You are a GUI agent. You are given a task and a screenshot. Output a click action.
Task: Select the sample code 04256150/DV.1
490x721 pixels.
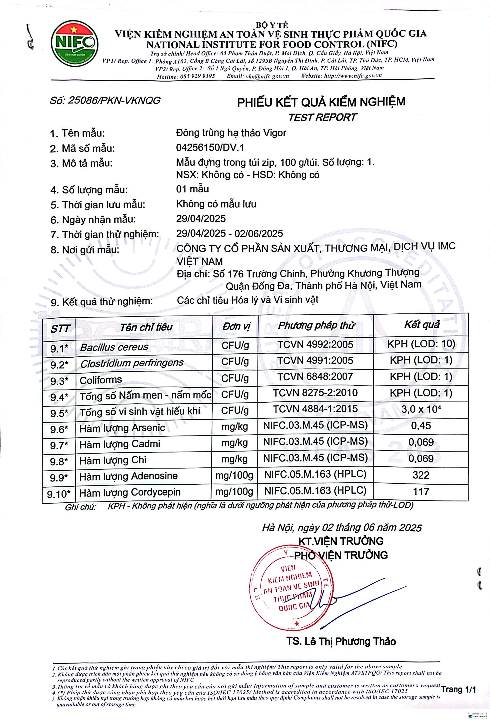(x=210, y=148)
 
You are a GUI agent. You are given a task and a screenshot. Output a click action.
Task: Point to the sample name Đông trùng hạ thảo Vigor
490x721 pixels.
(x=231, y=133)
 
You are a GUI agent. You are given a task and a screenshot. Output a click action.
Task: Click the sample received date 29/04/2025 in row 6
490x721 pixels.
(x=201, y=219)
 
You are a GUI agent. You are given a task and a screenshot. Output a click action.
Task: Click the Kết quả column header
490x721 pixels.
(x=422, y=324)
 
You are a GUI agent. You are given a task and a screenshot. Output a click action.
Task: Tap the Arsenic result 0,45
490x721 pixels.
(x=421, y=426)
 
